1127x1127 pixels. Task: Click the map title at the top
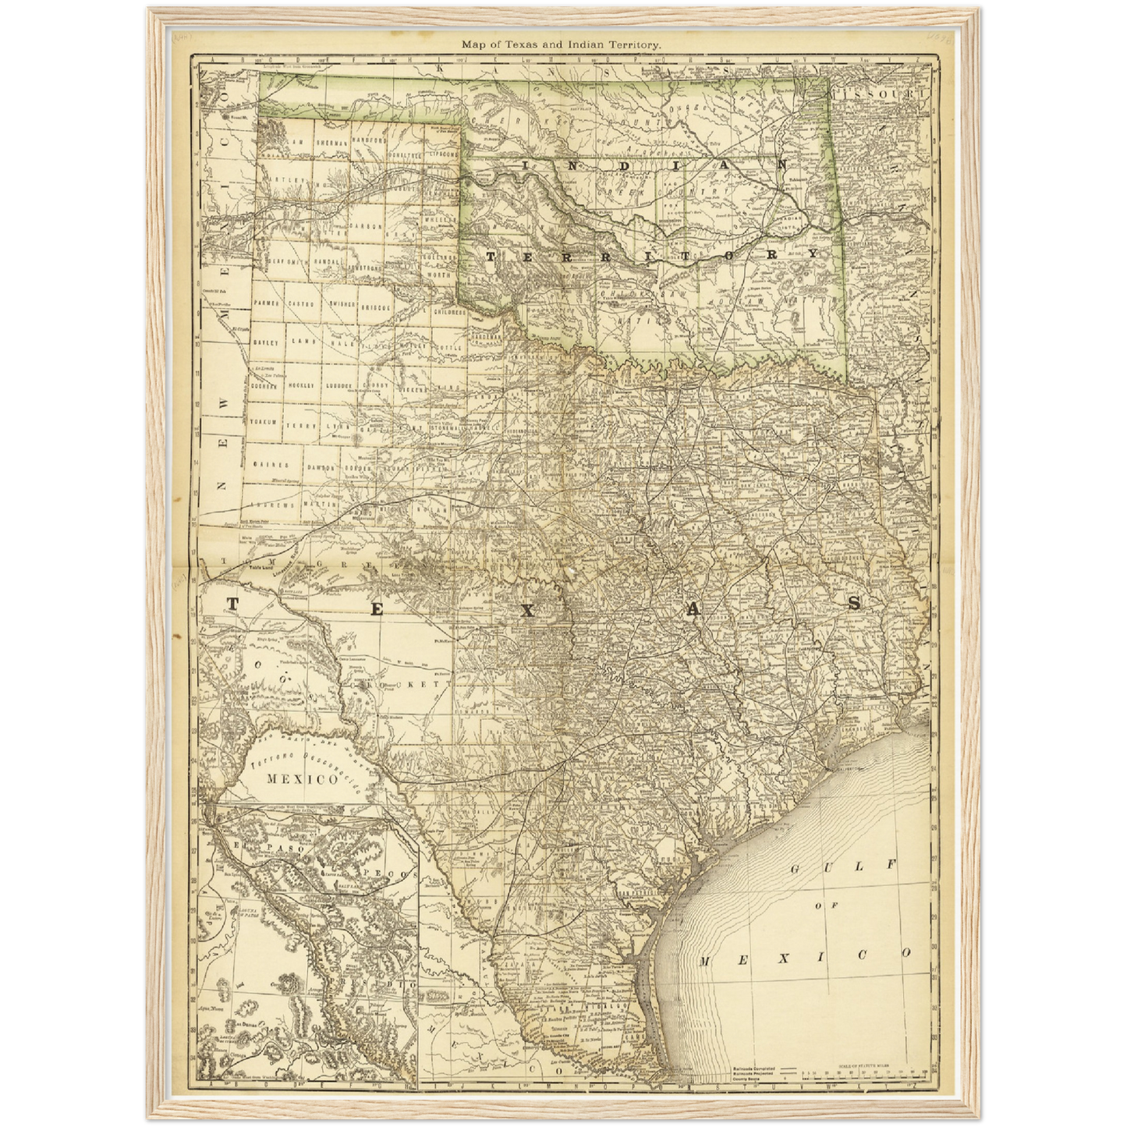click(562, 45)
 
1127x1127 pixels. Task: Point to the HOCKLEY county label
click(302, 385)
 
